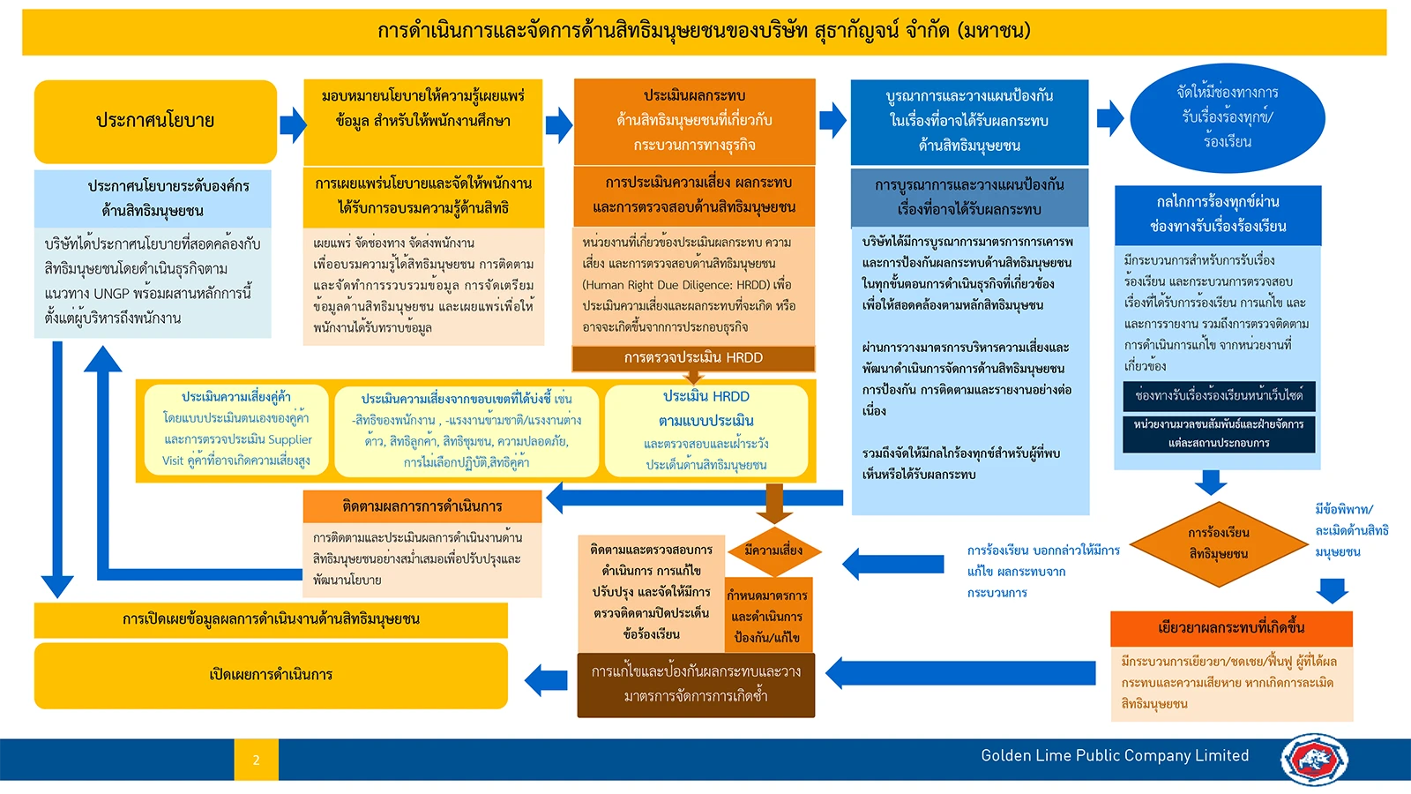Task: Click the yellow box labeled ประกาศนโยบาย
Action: coord(155,122)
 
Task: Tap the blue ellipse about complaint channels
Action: coord(1227,118)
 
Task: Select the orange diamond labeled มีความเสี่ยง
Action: coord(774,551)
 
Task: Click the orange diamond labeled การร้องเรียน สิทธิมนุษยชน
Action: coord(1218,543)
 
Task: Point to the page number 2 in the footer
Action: coord(256,760)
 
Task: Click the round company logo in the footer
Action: coord(1313,759)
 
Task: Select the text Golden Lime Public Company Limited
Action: coord(1115,755)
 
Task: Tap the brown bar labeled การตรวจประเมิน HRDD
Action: coord(693,358)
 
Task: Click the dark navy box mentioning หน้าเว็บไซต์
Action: coord(1218,396)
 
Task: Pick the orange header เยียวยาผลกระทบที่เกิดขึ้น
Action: coord(1231,627)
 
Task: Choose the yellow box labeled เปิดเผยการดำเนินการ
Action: coord(271,676)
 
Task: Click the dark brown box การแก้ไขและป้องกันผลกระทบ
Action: coord(696,685)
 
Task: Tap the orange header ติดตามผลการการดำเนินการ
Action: coord(422,506)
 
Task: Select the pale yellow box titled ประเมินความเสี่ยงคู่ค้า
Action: coord(236,429)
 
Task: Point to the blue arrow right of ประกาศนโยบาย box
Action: coord(293,124)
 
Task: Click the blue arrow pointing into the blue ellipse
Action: coord(1110,118)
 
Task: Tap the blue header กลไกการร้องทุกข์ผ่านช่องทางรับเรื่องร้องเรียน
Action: coord(1218,215)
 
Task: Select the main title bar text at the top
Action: coord(705,30)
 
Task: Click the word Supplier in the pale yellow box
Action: coord(290,439)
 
